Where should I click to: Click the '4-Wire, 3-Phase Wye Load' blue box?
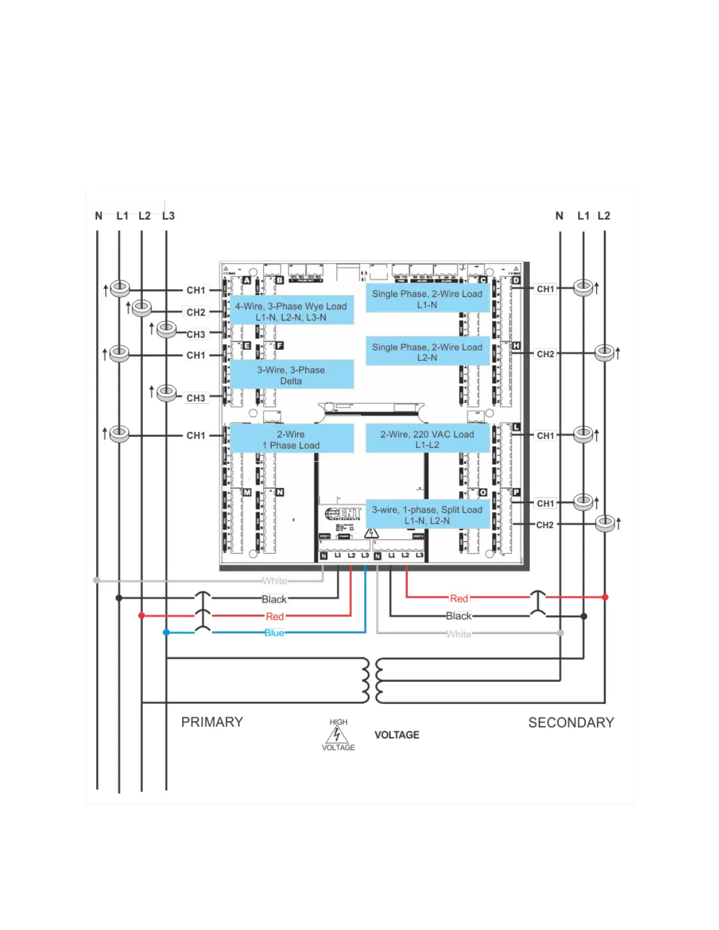(291, 311)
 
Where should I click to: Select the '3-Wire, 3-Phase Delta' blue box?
(291, 375)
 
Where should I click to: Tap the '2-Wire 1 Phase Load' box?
(291, 439)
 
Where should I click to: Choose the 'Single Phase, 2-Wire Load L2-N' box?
(427, 352)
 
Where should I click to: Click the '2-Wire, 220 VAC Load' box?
(427, 439)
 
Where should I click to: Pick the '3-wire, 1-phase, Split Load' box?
(427, 515)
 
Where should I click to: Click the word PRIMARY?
(212, 722)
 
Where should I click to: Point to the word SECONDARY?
(571, 723)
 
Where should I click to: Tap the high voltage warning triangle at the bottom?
(337, 735)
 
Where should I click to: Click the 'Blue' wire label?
(274, 633)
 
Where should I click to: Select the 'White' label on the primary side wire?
(274, 581)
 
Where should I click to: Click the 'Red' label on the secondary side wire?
(459, 598)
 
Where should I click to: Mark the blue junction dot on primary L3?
(166, 632)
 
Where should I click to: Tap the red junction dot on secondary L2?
(605, 597)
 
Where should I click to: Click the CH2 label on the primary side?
(196, 312)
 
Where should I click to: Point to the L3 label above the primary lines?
(169, 216)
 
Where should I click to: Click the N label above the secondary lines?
(559, 216)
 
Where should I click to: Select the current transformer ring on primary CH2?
(142, 307)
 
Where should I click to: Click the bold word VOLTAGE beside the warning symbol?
(397, 735)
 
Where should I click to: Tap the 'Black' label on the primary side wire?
(274, 599)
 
